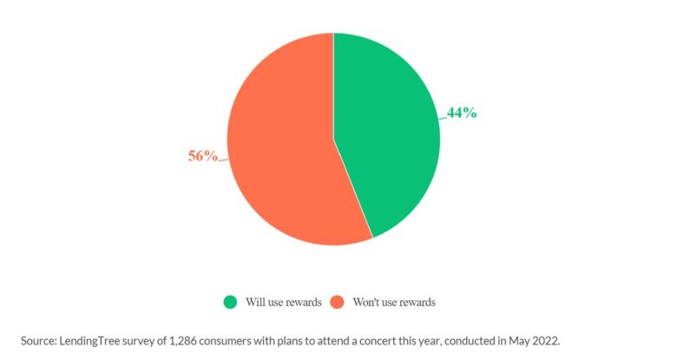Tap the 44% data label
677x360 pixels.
(x=462, y=113)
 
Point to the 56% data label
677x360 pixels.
(x=203, y=156)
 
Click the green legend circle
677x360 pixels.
(x=230, y=302)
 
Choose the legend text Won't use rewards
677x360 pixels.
(x=394, y=302)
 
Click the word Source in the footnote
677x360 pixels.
(x=39, y=340)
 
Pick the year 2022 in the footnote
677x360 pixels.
(x=546, y=340)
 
